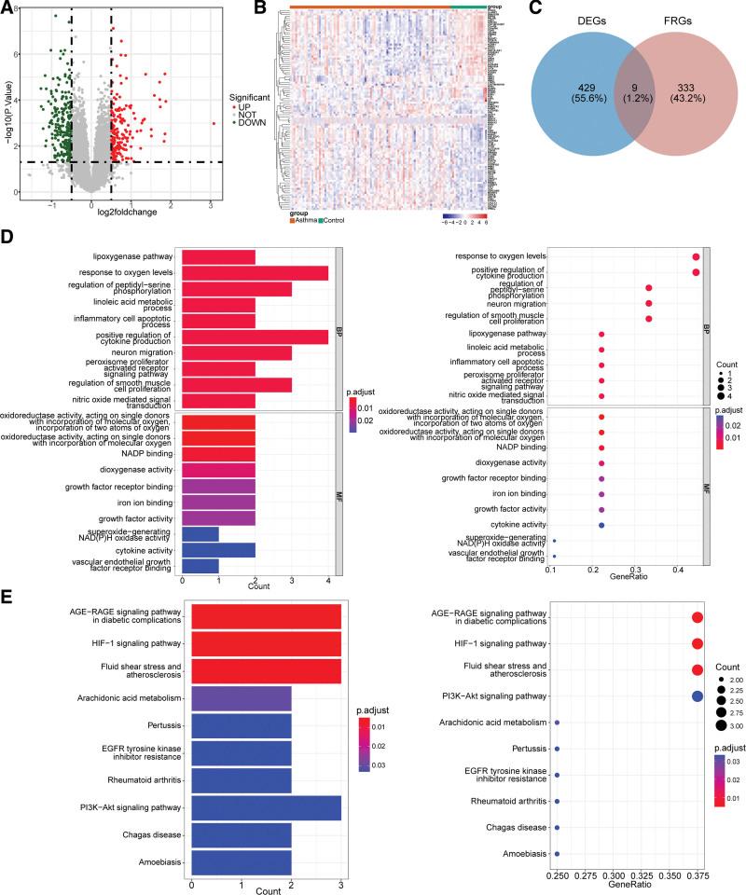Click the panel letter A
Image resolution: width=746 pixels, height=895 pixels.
click(8, 10)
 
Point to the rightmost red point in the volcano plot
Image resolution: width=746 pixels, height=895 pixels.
click(214, 123)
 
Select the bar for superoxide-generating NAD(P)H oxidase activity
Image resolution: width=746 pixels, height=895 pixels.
click(200, 533)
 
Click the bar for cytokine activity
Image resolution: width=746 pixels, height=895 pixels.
click(218, 549)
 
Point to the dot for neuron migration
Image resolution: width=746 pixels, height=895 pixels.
click(649, 303)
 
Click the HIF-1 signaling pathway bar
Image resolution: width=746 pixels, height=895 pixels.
click(266, 643)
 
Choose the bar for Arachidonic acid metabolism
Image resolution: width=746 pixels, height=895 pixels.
click(241, 696)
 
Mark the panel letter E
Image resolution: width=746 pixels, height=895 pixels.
click(8, 596)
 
